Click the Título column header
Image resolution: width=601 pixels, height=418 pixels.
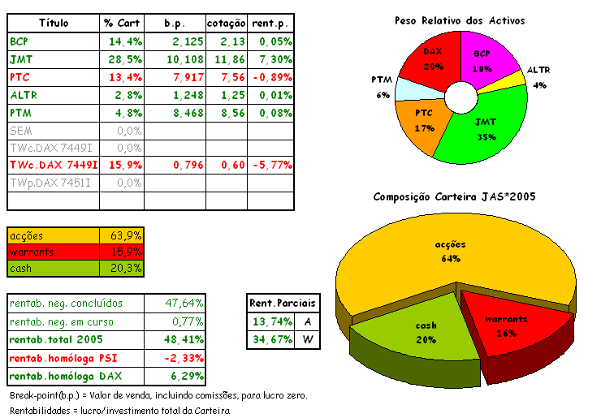[x=54, y=23]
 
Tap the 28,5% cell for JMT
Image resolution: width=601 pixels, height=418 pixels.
[x=123, y=59]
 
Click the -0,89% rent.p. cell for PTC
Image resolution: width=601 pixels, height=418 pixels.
[x=270, y=77]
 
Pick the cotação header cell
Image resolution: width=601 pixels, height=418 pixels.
[x=226, y=23]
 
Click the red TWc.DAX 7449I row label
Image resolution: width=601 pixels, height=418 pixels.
[x=54, y=166]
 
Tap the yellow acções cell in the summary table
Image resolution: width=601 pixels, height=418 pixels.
[x=54, y=235]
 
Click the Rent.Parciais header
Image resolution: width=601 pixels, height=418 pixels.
[x=283, y=304]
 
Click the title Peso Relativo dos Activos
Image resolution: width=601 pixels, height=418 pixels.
[x=459, y=19]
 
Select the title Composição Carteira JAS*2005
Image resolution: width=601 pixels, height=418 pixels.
[x=454, y=197]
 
